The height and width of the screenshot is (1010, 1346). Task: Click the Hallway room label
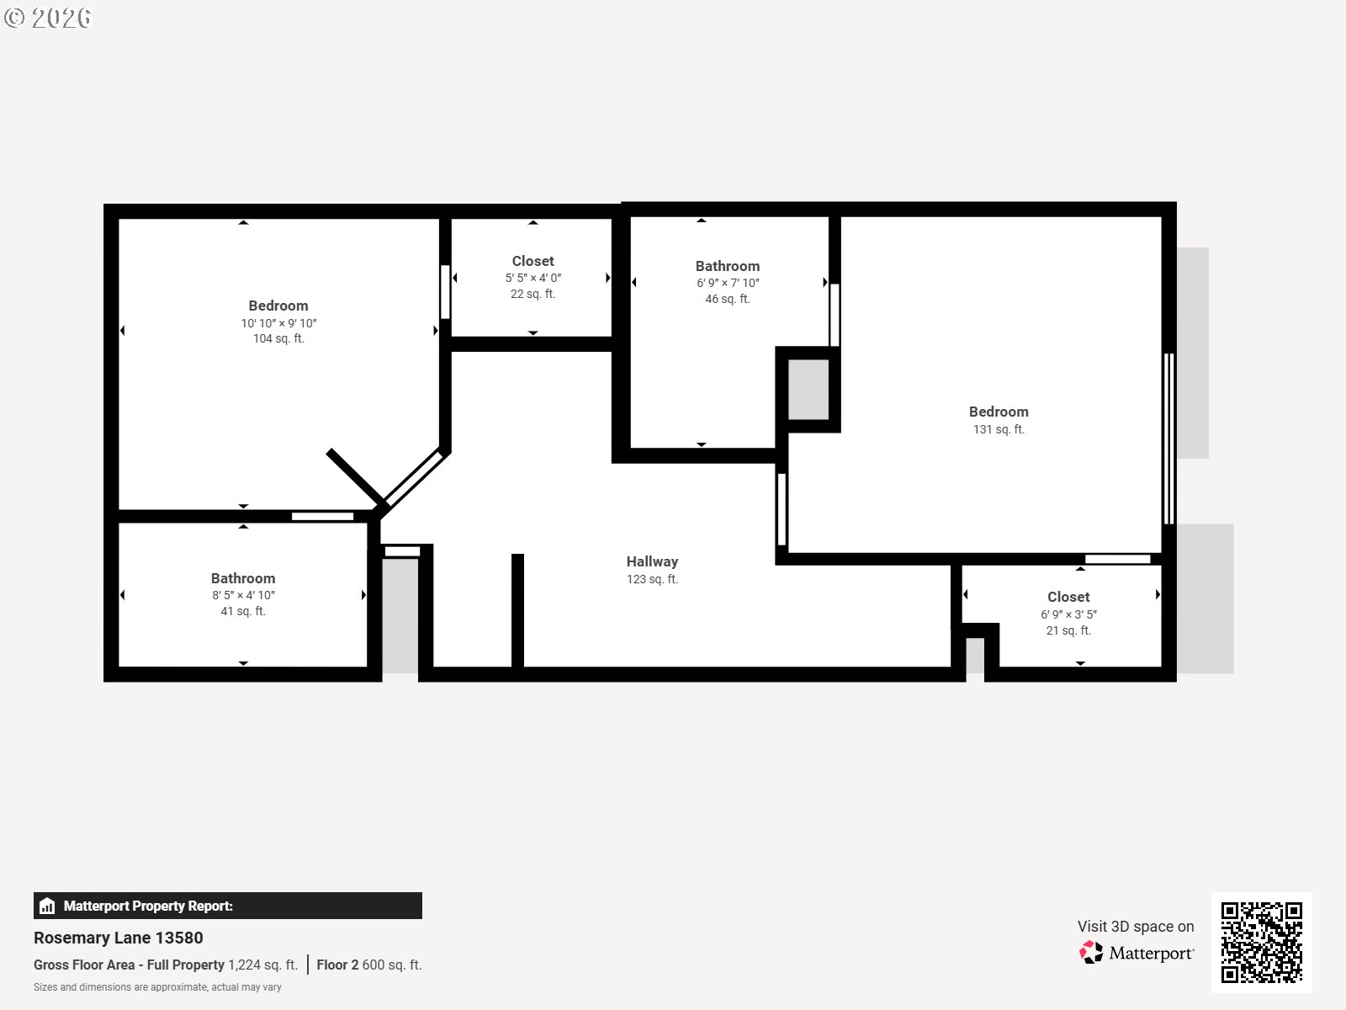click(x=652, y=561)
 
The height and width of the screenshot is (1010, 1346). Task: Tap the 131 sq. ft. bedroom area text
click(x=999, y=429)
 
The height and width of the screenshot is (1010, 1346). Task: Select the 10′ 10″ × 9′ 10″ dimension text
click(x=278, y=323)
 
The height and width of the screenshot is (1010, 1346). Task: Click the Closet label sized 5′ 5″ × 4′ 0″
click(x=533, y=261)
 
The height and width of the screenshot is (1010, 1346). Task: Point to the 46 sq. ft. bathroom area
click(x=727, y=299)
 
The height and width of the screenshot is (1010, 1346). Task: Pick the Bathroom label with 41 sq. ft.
click(x=243, y=578)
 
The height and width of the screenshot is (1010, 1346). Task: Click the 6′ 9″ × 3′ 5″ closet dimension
click(x=1068, y=614)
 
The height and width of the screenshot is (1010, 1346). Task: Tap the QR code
click(x=1261, y=942)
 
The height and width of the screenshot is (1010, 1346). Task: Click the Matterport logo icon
click(x=1091, y=953)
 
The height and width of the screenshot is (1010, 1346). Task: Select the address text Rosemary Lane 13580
click(x=119, y=938)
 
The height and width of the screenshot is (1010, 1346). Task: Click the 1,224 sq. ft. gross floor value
click(x=262, y=965)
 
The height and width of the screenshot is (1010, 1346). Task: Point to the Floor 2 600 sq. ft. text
click(x=369, y=965)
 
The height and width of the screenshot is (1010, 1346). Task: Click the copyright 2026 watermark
click(x=48, y=18)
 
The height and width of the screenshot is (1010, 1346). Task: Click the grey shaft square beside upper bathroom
click(x=808, y=389)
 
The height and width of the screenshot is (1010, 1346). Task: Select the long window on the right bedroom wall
click(x=1168, y=439)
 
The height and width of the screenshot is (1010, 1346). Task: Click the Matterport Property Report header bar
click(x=227, y=906)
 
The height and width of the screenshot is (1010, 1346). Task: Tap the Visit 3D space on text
click(x=1135, y=926)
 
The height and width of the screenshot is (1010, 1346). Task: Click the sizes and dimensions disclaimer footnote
click(x=157, y=987)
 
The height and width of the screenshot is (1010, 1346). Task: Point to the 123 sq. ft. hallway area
click(x=652, y=579)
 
